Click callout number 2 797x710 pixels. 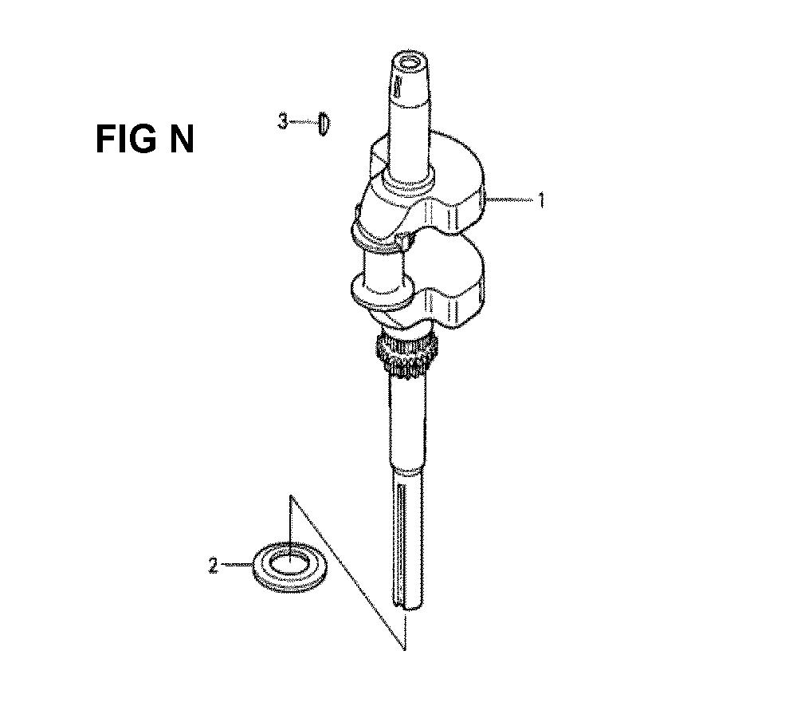tap(213, 566)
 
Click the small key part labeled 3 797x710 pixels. tap(324, 124)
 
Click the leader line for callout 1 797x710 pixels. tap(514, 201)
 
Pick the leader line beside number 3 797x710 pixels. tap(302, 122)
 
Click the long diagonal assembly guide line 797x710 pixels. tap(351, 574)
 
